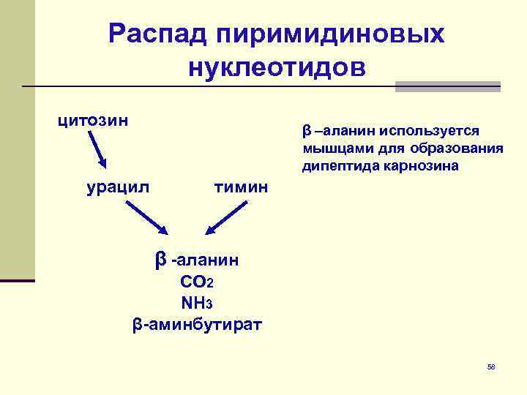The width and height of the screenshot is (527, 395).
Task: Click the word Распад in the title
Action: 156,33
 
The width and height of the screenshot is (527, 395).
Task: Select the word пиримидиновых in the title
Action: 329,33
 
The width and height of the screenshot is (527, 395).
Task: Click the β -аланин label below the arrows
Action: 197,259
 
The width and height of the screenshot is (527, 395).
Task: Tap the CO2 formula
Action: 197,282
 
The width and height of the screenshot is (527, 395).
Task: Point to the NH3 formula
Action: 197,301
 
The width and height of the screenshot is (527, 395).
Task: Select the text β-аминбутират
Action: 197,323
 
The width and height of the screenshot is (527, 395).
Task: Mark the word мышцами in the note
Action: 334,148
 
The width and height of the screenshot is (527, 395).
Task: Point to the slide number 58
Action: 491,366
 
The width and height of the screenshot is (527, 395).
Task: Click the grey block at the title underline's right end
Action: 447,86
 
